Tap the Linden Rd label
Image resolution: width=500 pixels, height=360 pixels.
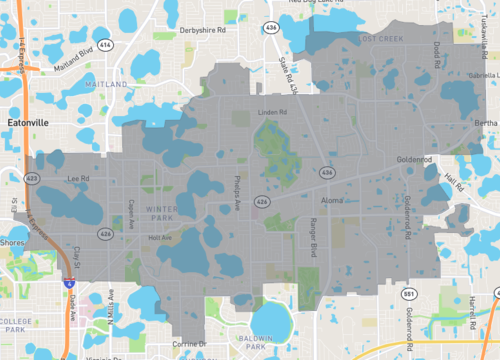click(272, 112)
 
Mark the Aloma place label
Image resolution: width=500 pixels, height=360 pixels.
click(332, 201)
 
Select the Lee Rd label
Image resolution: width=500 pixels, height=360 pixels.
click(78, 179)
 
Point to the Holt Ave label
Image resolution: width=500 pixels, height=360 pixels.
click(159, 238)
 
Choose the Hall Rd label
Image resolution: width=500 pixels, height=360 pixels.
click(453, 183)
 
